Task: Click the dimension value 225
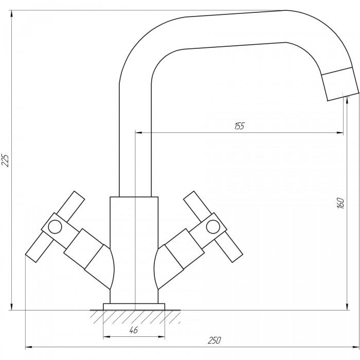point(5,160)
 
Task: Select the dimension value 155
point(240,126)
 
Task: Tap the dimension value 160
point(341,203)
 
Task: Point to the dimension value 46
point(133,330)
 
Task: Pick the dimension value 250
point(214,340)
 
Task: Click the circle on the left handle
point(55,227)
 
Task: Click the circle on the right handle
point(213,227)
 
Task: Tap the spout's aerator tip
point(340,84)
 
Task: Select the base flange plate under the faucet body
point(134,307)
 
